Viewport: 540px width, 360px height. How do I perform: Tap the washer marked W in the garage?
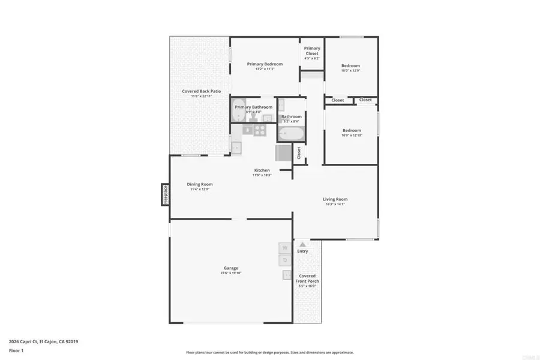[285, 248]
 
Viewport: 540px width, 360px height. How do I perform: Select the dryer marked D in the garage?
[285, 260]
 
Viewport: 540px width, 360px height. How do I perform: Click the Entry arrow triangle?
[302, 244]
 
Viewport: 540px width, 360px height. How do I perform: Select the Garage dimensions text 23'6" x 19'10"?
[231, 274]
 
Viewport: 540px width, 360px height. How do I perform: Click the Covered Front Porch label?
[307, 278]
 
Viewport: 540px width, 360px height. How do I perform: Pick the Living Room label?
[335, 199]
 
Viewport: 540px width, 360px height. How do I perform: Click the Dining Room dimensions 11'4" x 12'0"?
[199, 189]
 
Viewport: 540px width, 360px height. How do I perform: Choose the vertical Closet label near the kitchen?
[299, 153]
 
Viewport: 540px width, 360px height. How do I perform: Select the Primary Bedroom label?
[265, 64]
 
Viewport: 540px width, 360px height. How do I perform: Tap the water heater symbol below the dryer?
[286, 275]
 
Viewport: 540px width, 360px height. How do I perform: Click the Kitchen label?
[261, 170]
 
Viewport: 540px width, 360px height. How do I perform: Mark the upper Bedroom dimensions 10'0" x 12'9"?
[350, 71]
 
